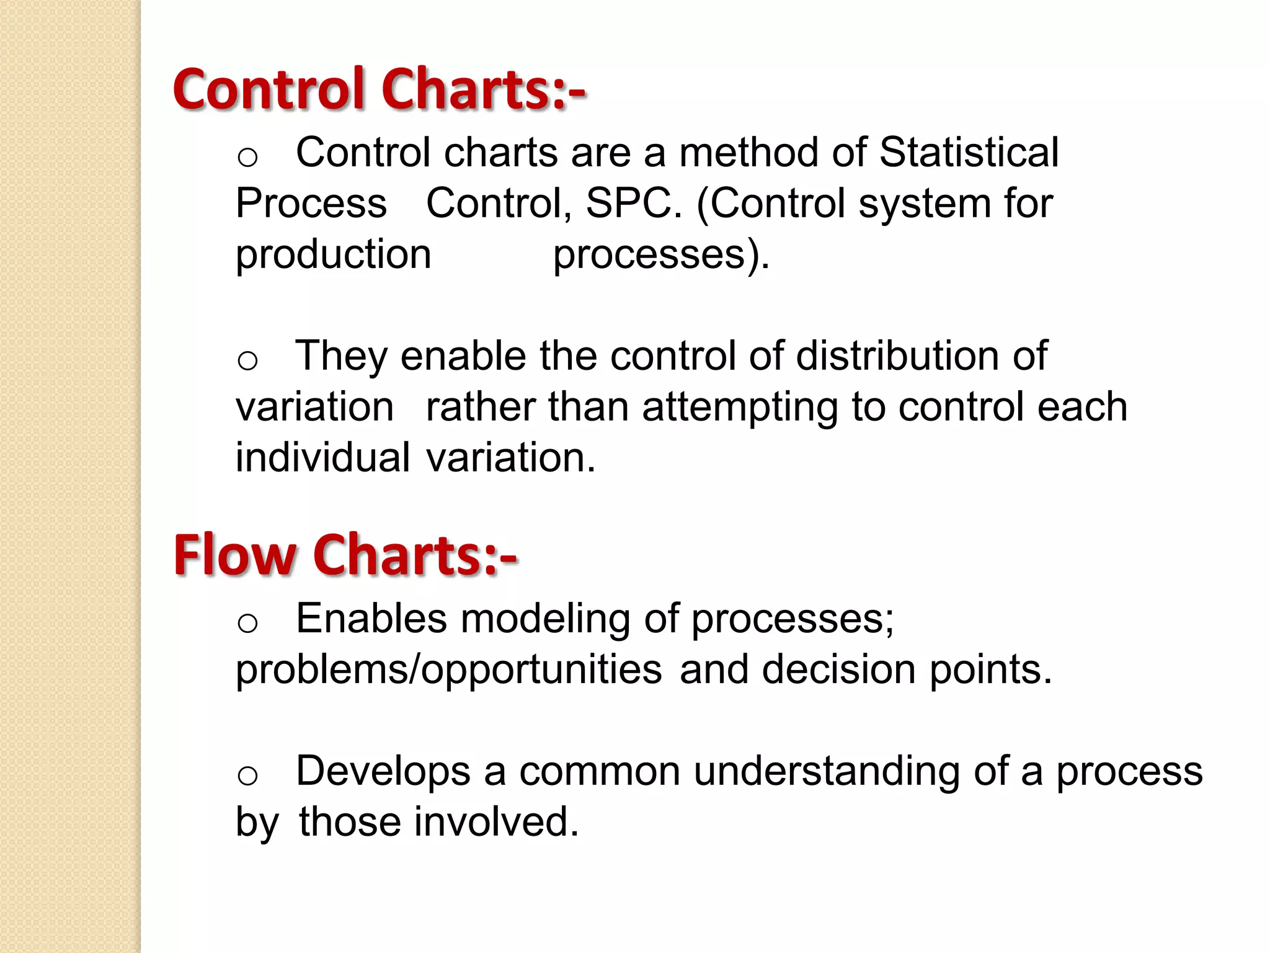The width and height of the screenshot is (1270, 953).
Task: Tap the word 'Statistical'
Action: pyautogui.click(x=969, y=153)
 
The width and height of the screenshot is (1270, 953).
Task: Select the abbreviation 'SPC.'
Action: pyautogui.click(x=633, y=204)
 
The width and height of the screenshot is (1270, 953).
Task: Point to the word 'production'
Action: pyautogui.click(x=334, y=255)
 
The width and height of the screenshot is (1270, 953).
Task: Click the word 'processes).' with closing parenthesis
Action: pyautogui.click(x=661, y=255)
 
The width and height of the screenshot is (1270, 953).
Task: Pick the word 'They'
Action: pyautogui.click(x=341, y=356)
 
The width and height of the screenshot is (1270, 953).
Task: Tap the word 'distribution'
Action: pyautogui.click(x=897, y=356)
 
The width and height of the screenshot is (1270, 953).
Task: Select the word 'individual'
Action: pyautogui.click(x=322, y=458)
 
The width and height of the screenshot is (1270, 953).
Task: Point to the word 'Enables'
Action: pyautogui.click(x=371, y=619)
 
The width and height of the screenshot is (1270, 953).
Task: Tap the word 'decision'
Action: pyautogui.click(x=838, y=670)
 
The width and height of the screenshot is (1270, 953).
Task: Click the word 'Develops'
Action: pyautogui.click(x=383, y=772)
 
